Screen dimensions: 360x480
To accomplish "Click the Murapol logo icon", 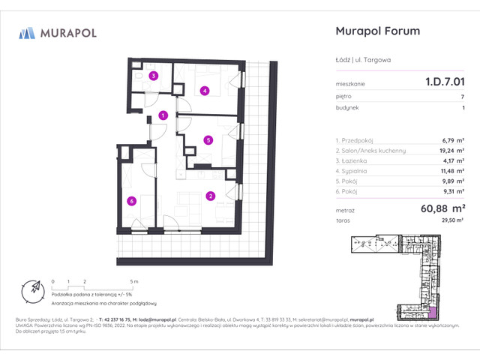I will tap(28, 32).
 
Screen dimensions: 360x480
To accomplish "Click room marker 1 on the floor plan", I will tap(163, 115).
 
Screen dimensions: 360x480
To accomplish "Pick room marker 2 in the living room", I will tap(211, 196).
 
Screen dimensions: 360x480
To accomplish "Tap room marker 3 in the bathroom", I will tap(153, 76).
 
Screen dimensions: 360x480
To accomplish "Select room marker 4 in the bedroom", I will tap(205, 91).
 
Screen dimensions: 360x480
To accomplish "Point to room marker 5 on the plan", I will tap(208, 139).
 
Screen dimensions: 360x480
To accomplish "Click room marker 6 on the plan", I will tap(131, 200).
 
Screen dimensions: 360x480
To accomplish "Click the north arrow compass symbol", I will tap(31, 289).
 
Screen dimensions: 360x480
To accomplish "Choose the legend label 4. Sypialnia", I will tap(355, 170).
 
